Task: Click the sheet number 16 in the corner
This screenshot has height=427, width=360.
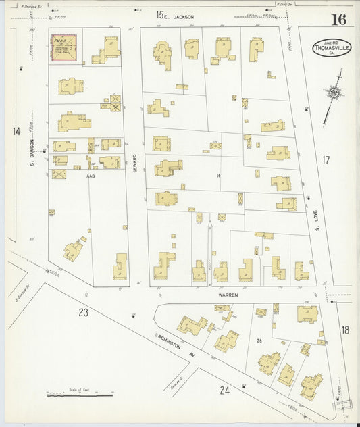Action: click(x=338, y=18)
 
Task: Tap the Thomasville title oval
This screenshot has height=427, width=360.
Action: click(x=331, y=49)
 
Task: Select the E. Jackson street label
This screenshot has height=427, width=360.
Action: click(x=182, y=16)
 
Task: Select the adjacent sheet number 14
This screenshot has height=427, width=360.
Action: click(x=17, y=131)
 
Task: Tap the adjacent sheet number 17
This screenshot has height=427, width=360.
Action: click(x=326, y=160)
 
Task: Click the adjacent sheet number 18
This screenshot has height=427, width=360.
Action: click(x=345, y=330)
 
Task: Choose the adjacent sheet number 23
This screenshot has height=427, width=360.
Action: click(x=83, y=312)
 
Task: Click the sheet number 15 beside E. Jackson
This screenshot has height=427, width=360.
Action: click(x=160, y=14)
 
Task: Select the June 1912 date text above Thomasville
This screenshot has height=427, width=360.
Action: click(x=330, y=39)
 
